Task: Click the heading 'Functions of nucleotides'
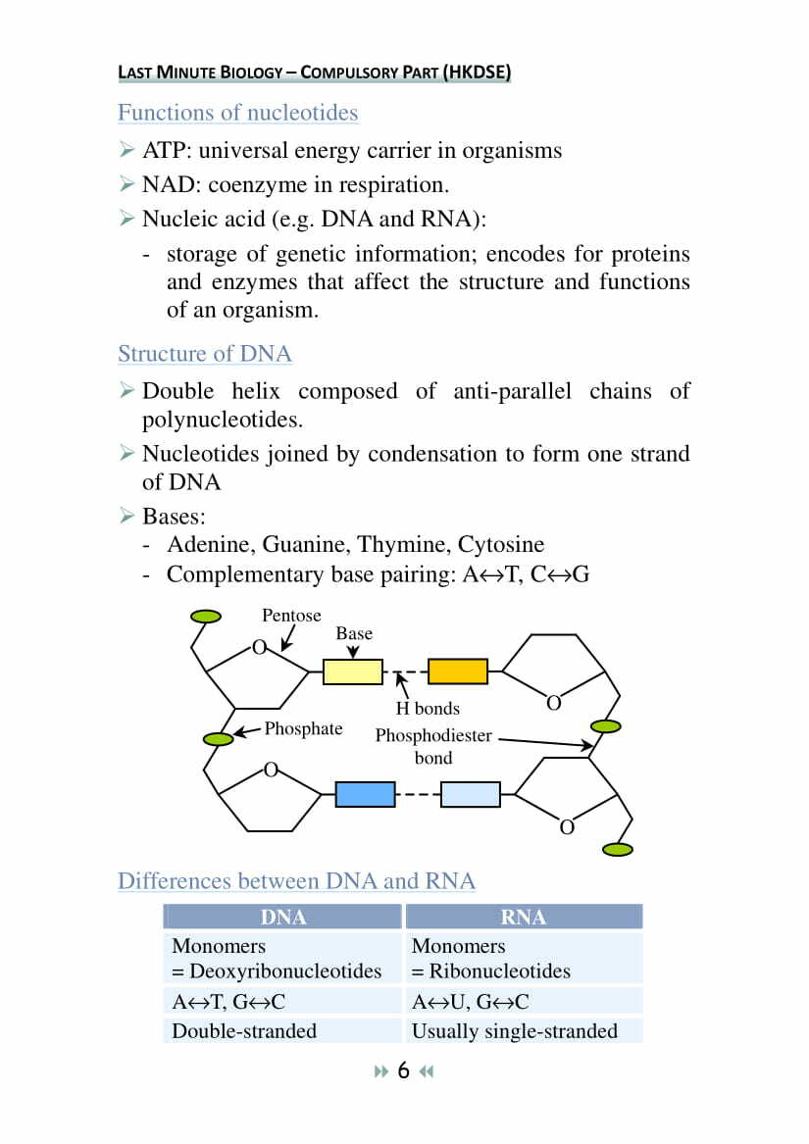[237, 113]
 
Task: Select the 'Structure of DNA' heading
[204, 353]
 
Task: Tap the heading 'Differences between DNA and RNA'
[296, 880]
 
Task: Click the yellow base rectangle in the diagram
[353, 671]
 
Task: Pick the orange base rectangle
[458, 671]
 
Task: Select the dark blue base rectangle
[365, 794]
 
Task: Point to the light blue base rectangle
[470, 794]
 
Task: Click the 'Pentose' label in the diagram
[291, 616]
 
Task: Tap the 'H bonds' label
[428, 708]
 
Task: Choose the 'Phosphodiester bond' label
[433, 746]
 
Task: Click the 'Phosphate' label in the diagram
[303, 728]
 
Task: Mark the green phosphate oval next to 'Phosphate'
[218, 738]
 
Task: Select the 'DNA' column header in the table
[283, 918]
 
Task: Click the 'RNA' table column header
[523, 918]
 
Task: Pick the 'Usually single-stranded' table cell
[515, 1030]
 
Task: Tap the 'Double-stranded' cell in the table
[244, 1030]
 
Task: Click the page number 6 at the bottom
[403, 1070]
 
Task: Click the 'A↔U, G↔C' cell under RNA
[470, 1001]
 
